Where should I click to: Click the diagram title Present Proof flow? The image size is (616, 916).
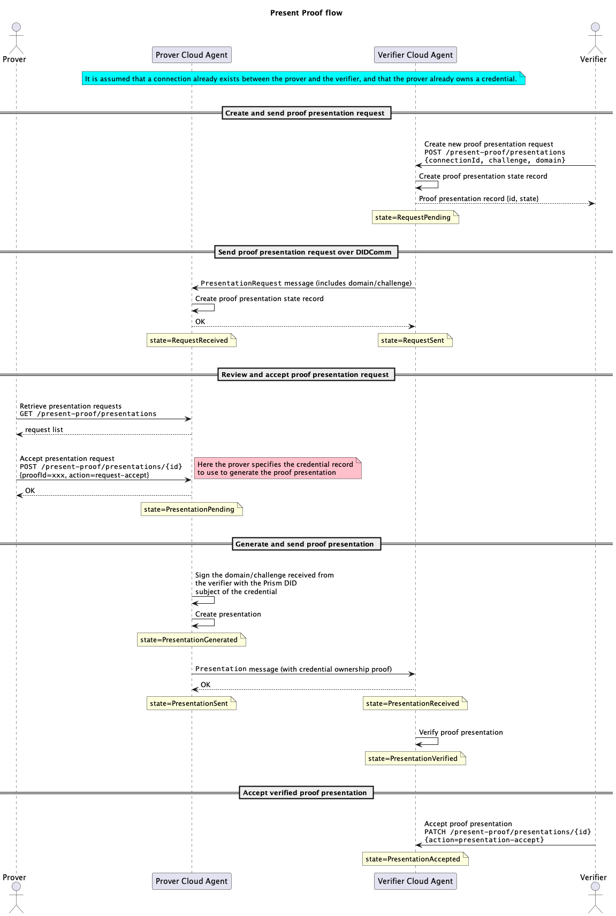306,13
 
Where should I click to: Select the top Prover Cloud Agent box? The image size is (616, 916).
192,55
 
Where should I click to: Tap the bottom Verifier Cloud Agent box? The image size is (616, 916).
415,881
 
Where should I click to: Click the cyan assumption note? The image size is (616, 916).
303,78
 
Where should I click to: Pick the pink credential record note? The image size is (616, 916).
278,468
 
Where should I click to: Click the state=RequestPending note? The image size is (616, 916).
415,217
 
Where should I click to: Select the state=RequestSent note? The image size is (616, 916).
415,340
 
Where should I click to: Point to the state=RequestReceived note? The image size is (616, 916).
192,340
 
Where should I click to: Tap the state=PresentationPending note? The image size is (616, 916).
192,509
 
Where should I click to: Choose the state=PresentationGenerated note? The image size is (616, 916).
192,640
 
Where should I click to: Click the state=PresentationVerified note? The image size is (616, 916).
415,758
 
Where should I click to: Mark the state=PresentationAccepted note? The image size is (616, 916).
415,859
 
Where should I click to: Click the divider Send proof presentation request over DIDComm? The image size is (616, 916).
306,252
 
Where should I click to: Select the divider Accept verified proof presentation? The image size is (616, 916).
306,792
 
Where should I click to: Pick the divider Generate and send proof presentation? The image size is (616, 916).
306,544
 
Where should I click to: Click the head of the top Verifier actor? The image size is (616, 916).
595,27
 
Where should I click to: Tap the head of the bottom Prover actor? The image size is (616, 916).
17,886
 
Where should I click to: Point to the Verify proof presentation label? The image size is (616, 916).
460,732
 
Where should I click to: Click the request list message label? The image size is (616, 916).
44,429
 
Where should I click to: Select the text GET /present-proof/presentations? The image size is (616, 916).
88,414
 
